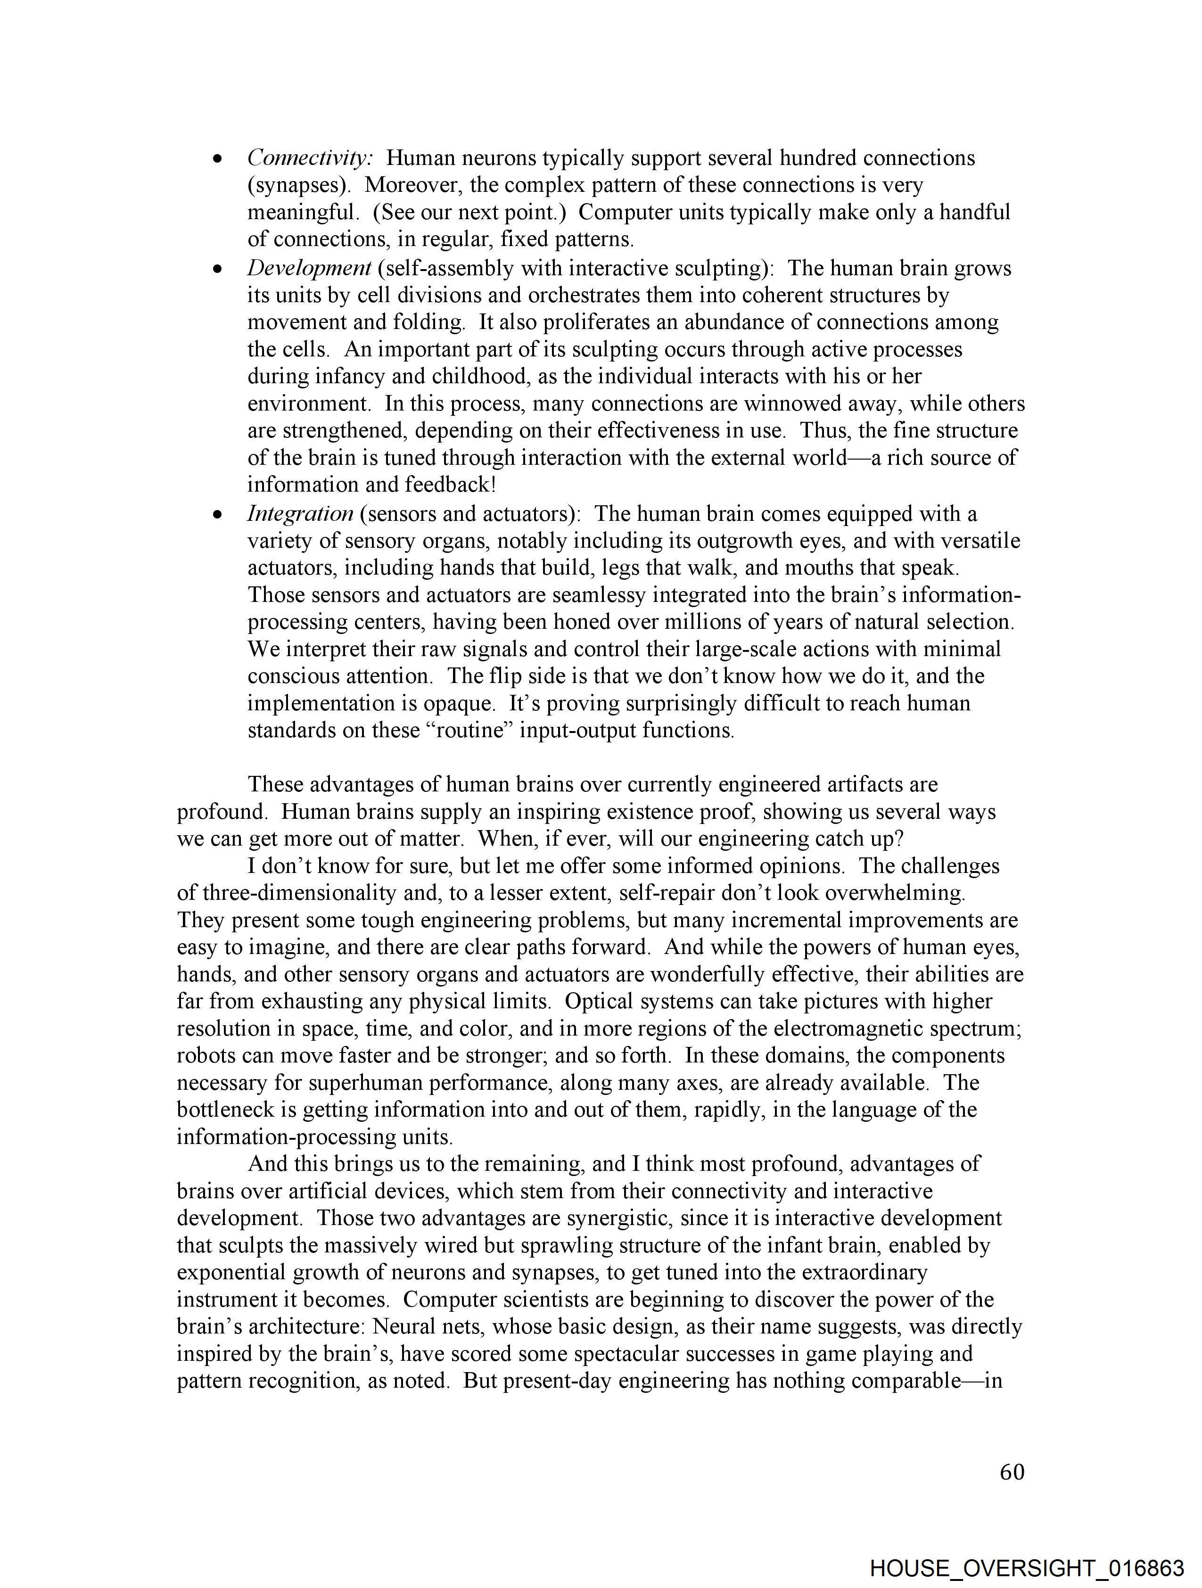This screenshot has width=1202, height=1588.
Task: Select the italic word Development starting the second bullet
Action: (x=309, y=269)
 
